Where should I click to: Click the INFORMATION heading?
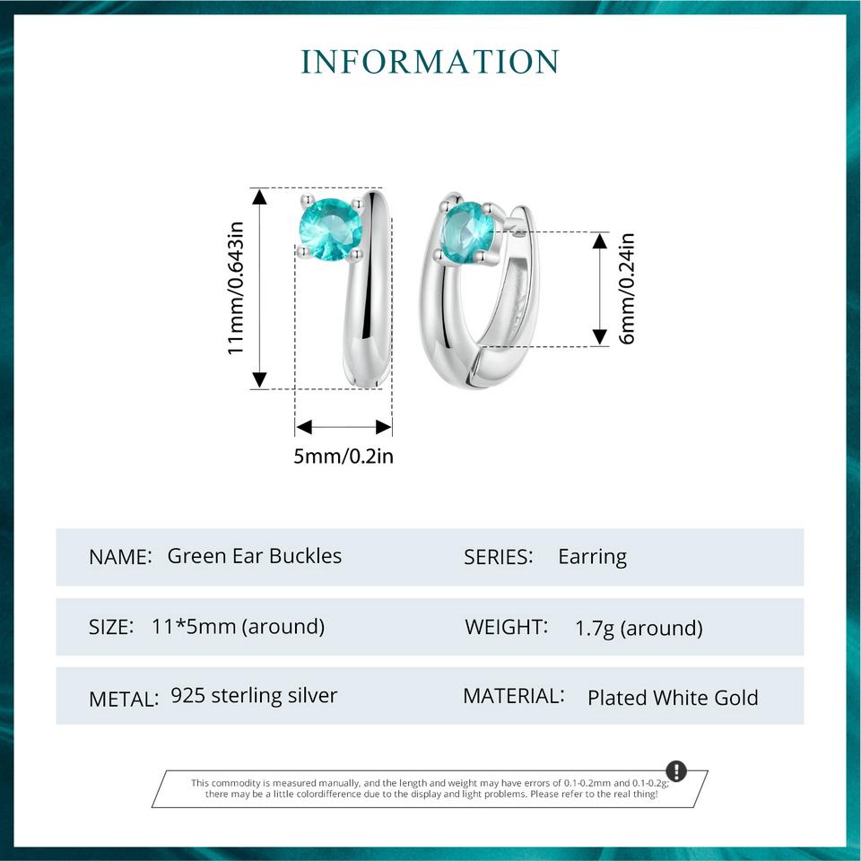click(x=430, y=62)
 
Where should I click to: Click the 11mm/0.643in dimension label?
click(x=236, y=288)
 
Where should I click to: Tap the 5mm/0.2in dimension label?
click(x=344, y=457)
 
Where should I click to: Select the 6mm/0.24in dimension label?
click(x=627, y=289)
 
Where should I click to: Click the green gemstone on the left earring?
click(x=331, y=229)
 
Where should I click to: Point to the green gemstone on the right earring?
click(x=468, y=231)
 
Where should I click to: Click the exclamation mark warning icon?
click(x=676, y=770)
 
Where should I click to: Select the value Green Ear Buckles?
click(x=254, y=556)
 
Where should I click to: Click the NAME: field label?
click(x=120, y=557)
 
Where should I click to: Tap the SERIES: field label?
click(x=499, y=557)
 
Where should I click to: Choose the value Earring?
click(x=593, y=557)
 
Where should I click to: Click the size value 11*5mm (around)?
click(x=239, y=627)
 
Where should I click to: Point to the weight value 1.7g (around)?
click(x=639, y=628)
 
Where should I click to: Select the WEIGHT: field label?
click(x=506, y=627)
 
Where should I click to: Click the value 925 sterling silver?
click(x=254, y=696)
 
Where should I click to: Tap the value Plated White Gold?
click(x=673, y=698)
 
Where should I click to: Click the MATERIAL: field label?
click(x=514, y=696)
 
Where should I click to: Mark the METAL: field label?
click(x=124, y=699)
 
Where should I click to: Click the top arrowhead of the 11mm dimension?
click(x=259, y=196)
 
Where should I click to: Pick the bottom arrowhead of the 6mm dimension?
click(x=600, y=337)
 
